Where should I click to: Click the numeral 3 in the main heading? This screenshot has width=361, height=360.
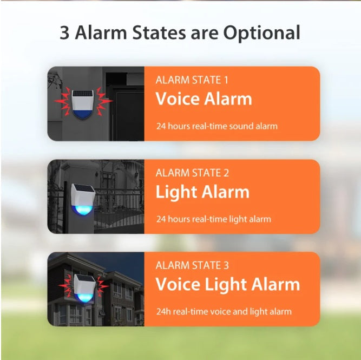point(65,32)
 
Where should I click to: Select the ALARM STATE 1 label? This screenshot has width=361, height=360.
point(192,80)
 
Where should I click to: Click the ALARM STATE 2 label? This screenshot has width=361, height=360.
point(192,173)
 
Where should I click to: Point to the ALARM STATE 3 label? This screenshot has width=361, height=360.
point(192,265)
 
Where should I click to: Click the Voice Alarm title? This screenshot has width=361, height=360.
point(204,99)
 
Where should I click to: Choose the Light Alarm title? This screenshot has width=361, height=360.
point(202,192)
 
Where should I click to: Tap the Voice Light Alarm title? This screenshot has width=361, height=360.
point(227,285)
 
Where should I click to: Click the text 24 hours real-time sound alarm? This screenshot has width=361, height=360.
point(216,126)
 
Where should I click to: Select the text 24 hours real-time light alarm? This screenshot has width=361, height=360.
point(213,219)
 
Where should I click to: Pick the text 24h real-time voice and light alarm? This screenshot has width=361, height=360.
point(224,312)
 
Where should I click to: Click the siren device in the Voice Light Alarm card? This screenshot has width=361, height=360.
point(84,288)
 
